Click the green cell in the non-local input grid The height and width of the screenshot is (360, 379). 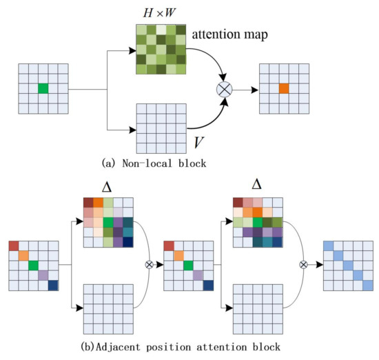point(43,88)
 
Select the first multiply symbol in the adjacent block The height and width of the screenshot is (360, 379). point(148,264)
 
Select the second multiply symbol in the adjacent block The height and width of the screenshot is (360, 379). point(303,264)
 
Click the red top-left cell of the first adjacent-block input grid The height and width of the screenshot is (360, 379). point(14,246)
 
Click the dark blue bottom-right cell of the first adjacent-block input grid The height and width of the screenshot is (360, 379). point(54,285)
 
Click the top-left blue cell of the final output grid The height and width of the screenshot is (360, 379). point(329,246)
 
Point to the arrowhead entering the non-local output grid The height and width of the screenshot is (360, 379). point(256,89)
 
